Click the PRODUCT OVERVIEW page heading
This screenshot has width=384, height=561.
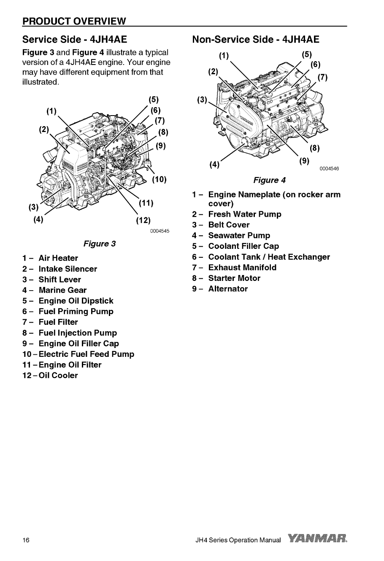(74, 21)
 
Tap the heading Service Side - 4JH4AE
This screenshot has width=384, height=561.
(75, 40)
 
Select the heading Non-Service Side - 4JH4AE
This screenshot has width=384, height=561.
(255, 40)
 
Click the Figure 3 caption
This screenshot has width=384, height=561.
(100, 243)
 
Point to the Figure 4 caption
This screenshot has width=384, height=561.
(269, 180)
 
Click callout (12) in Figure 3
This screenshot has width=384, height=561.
(144, 220)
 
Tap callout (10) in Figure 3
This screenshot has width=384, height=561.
(160, 180)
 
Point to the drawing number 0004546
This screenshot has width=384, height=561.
(329, 169)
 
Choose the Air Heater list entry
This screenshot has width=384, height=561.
(58, 258)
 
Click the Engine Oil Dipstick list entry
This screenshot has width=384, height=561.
(76, 301)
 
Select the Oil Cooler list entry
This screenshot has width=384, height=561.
(58, 375)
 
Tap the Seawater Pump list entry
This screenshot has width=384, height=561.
(239, 236)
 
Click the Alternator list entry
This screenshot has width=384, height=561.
(228, 289)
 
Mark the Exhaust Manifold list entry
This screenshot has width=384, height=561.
(242, 267)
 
